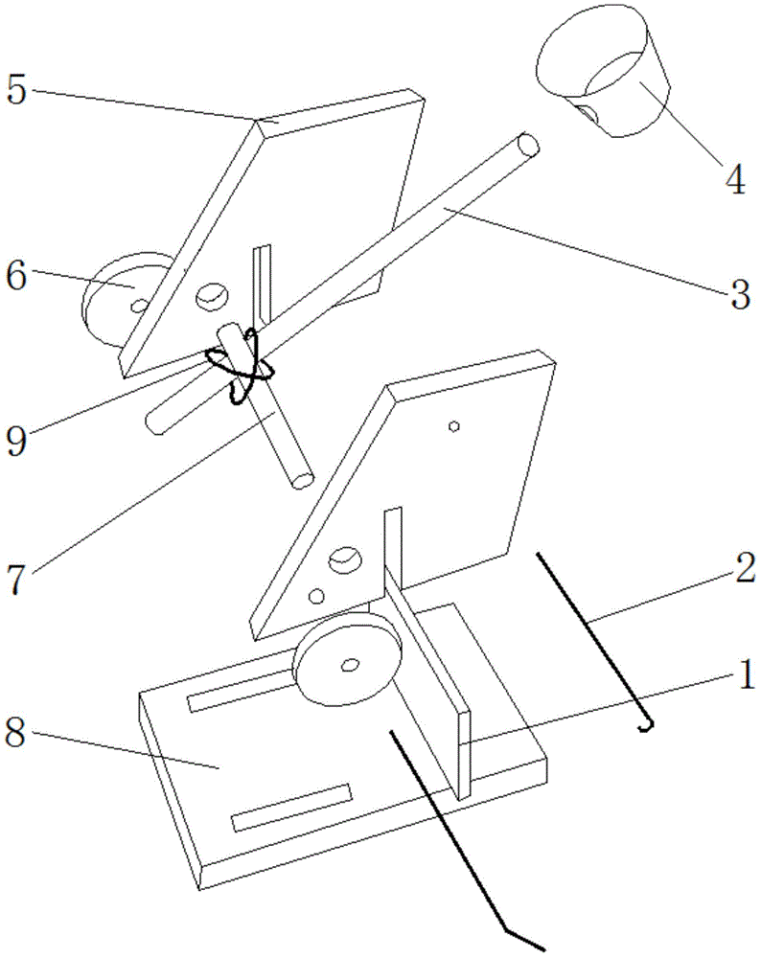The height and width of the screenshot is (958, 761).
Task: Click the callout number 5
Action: point(17,90)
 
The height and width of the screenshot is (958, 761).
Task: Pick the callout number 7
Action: point(17,579)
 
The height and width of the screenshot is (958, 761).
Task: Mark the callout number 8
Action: point(16,731)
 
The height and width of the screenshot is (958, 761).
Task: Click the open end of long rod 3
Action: point(528,146)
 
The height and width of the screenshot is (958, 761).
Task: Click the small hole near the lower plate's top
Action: point(453,426)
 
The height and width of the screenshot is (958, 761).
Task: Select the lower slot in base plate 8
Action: point(291,808)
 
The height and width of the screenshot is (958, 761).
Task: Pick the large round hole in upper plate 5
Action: point(212,296)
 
